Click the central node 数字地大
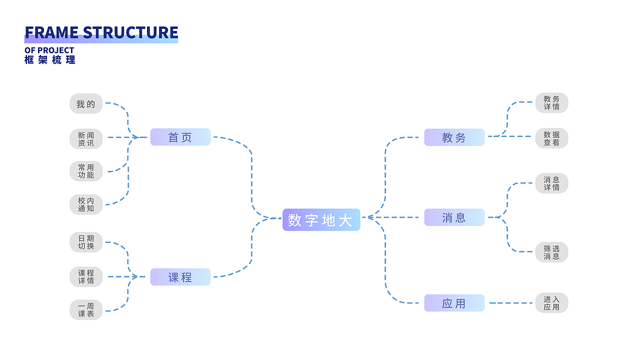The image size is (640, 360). (321, 219)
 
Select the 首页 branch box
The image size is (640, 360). (180, 137)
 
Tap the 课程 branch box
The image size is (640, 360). (180, 277)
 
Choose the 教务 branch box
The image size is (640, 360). (454, 137)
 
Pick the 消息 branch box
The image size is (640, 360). (454, 217)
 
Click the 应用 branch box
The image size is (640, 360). (454, 303)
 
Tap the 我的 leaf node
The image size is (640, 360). (86, 104)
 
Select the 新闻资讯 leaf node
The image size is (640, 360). (86, 139)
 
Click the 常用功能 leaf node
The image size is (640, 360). (86, 171)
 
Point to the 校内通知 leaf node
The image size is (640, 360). (86, 204)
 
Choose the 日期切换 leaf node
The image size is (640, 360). (86, 242)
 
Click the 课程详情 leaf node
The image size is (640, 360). (86, 277)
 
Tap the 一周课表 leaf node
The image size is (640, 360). (86, 310)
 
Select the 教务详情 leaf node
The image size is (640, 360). (551, 103)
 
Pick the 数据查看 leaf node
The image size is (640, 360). (551, 138)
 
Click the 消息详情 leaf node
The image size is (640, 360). (551, 183)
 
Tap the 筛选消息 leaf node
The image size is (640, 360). (551, 252)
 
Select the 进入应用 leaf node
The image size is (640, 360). (551, 303)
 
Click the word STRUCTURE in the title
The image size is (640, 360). (130, 32)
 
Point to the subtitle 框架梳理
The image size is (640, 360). (50, 59)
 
